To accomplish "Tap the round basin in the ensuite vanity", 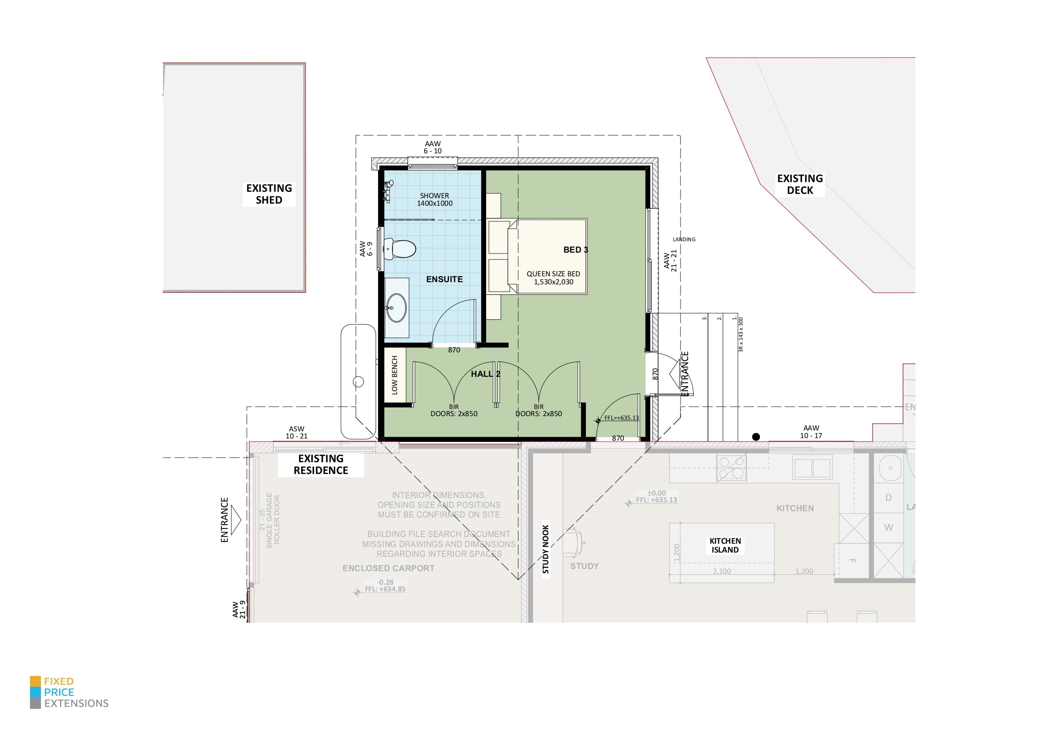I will click(x=396, y=308).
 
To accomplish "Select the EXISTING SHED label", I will click(x=269, y=194).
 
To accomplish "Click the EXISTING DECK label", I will click(x=800, y=185).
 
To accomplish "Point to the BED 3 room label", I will click(x=576, y=250).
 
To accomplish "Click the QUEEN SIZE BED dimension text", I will click(x=553, y=278).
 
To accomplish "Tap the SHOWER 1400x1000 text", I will click(x=435, y=199).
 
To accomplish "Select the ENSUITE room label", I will click(x=444, y=279).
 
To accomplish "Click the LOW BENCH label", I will click(x=395, y=375).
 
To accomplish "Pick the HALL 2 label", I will click(x=485, y=374).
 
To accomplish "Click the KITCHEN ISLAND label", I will click(x=725, y=545).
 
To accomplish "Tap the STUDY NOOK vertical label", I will click(x=545, y=549).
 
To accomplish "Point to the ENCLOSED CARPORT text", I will click(x=389, y=568).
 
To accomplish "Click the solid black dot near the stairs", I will click(x=756, y=437).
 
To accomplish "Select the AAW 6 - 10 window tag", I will click(x=432, y=147).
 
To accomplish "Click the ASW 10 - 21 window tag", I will click(x=296, y=432).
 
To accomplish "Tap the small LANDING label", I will click(x=684, y=239).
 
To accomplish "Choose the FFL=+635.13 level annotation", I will click(x=621, y=418).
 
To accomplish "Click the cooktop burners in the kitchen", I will click(x=731, y=468).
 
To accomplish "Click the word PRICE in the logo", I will click(x=59, y=692).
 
